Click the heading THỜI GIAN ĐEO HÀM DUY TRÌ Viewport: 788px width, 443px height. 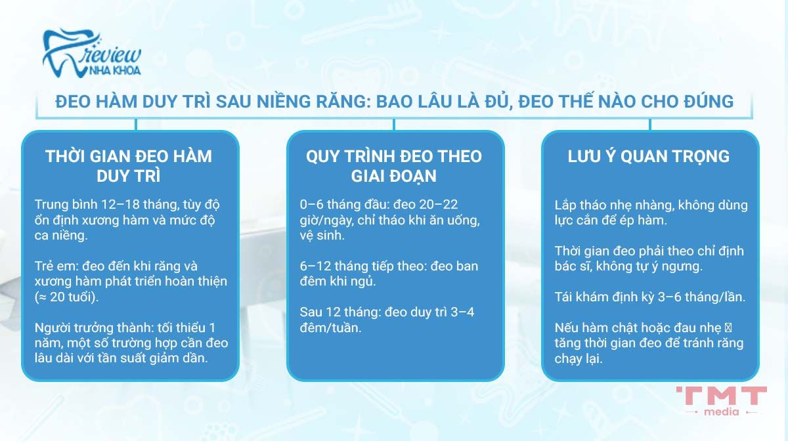(x=129, y=167)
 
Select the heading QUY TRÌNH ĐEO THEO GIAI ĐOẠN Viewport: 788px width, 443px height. (x=394, y=167)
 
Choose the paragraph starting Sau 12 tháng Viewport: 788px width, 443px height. (x=387, y=319)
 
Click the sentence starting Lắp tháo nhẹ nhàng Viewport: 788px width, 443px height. (x=651, y=213)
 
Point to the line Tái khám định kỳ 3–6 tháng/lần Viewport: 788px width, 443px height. (x=649, y=297)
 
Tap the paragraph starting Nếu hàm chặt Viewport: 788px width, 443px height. (x=649, y=343)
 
